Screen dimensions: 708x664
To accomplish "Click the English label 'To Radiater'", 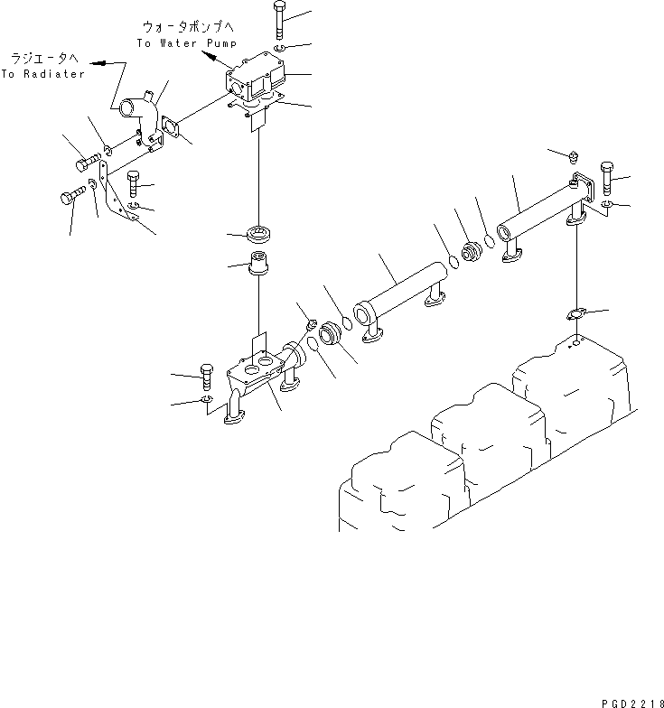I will coord(42,74).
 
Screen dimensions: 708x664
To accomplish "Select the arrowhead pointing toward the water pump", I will coord(208,57).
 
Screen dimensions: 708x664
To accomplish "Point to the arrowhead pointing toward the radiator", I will coord(96,64).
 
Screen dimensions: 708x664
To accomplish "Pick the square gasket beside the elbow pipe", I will coord(172,129).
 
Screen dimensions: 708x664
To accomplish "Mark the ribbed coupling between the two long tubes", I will coord(471,253).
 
